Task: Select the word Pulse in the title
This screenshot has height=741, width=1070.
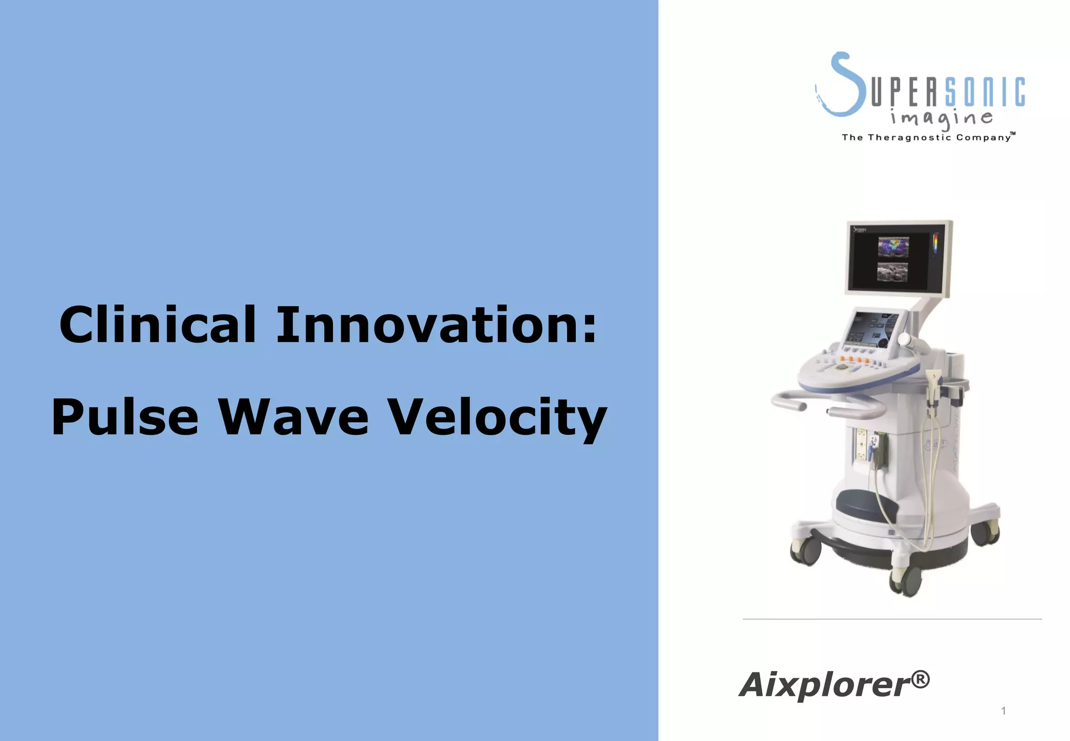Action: [x=125, y=417]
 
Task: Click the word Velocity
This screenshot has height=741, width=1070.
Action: [x=497, y=417]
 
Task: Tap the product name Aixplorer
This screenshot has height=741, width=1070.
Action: [x=825, y=685]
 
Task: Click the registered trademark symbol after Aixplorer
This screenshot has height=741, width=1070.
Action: [x=921, y=680]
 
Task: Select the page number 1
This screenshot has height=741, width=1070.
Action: [x=1003, y=711]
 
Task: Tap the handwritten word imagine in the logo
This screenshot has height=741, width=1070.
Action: [x=941, y=118]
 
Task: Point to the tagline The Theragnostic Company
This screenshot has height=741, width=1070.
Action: [x=927, y=137]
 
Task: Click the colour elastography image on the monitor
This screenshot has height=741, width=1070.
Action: [x=893, y=247]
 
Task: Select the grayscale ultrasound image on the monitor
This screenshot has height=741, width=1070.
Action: [x=892, y=272]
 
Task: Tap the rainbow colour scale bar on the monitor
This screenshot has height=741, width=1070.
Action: [x=935, y=245]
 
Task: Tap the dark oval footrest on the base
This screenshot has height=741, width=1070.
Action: [x=865, y=504]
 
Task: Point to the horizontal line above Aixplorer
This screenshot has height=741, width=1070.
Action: [x=892, y=619]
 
